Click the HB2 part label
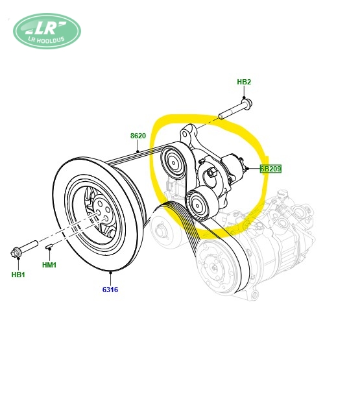pyautogui.click(x=244, y=82)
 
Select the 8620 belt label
pyautogui.click(x=138, y=136)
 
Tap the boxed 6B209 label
pyautogui.click(x=271, y=169)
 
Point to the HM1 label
pyautogui.click(x=49, y=265)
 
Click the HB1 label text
pyautogui.click(x=18, y=275)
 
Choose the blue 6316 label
pyautogui.click(x=110, y=290)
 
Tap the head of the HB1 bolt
pyautogui.click(x=16, y=253)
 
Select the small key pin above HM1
pyautogui.click(x=49, y=246)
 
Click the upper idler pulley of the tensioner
pyautogui.click(x=173, y=163)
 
